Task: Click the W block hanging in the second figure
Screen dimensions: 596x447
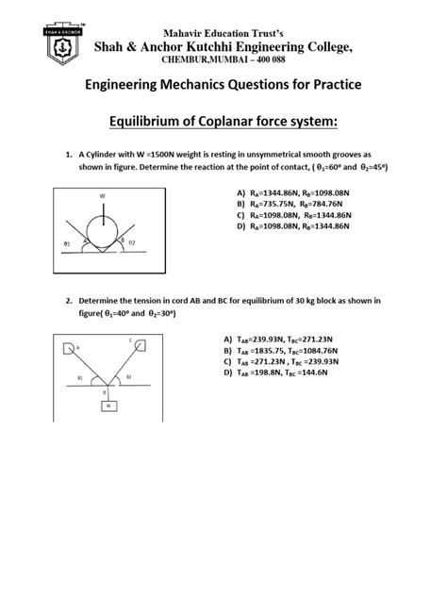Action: [110, 406]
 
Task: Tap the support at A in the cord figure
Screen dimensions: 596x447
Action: [69, 348]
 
